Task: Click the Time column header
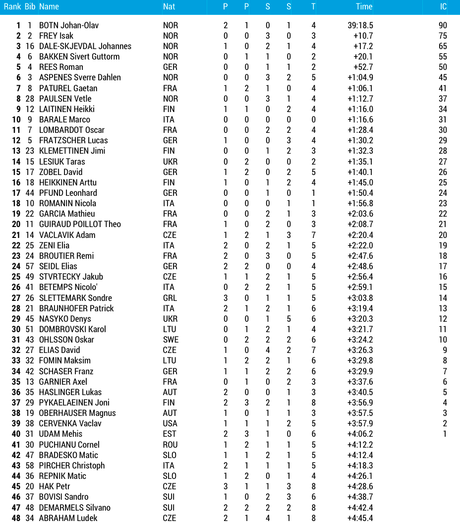[364, 6]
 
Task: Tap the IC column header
[443, 6]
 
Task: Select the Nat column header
[169, 6]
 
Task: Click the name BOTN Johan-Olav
[69, 25]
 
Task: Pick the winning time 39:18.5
[360, 25]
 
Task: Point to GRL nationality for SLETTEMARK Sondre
[170, 298]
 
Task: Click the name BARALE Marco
[64, 119]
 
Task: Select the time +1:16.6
[360, 119]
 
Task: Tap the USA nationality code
[170, 423]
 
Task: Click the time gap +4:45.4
[360, 518]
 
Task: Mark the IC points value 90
[443, 25]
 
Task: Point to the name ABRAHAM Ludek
[68, 518]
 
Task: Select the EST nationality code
[169, 434]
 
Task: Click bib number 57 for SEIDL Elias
[30, 266]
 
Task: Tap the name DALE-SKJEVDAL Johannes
[85, 46]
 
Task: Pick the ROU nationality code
[170, 445]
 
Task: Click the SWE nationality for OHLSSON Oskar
[171, 340]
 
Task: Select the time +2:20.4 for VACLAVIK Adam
[360, 235]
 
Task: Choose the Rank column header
[12, 6]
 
